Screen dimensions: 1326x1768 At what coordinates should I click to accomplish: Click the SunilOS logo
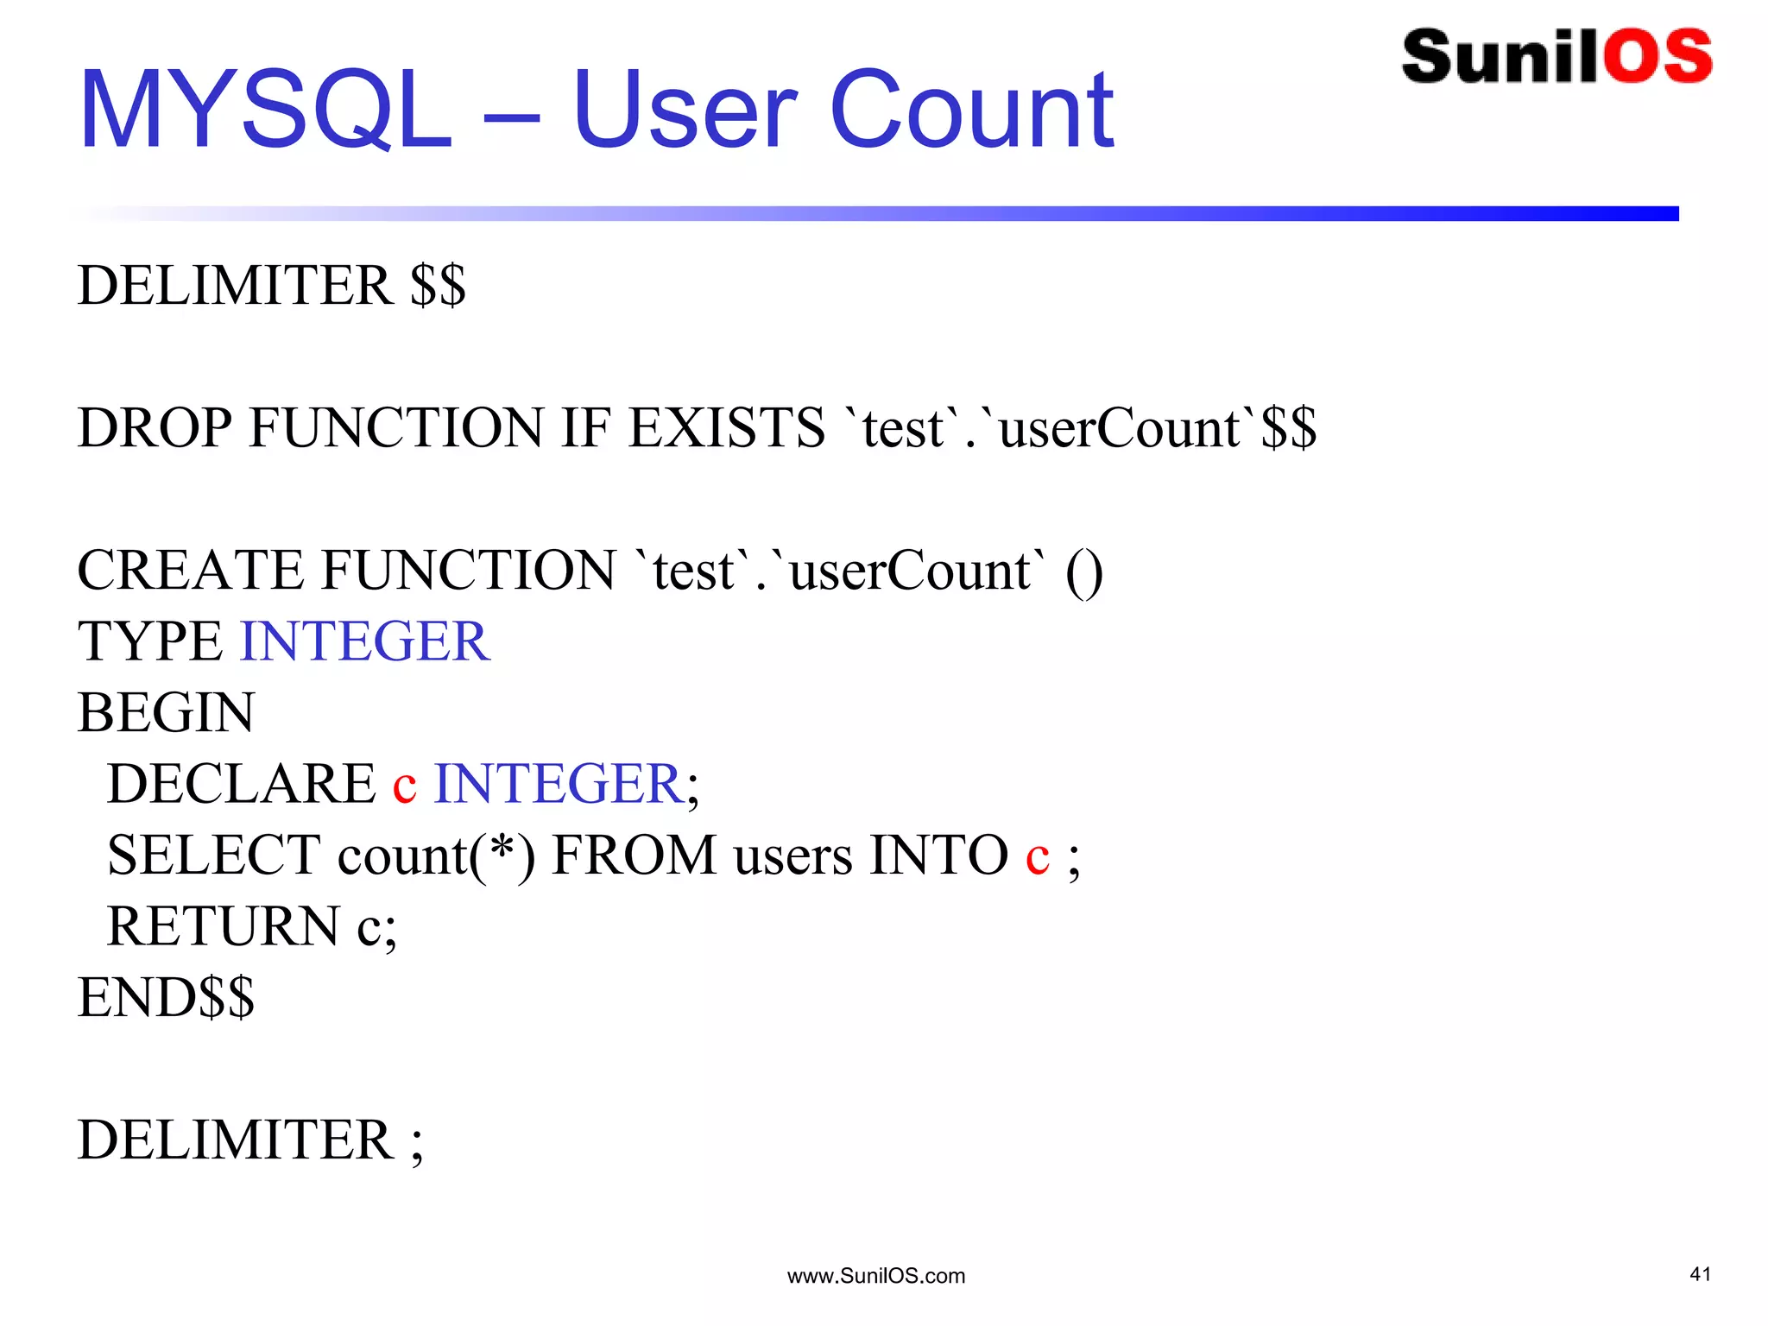tap(1556, 57)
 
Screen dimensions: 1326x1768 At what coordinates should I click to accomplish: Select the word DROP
tap(155, 428)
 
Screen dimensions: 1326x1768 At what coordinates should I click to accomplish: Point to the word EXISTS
tap(726, 428)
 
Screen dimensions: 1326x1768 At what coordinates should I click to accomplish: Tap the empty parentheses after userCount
tap(1084, 572)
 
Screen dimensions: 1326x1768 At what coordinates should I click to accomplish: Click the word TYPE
tap(150, 641)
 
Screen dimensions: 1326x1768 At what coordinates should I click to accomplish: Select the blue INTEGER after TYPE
tap(365, 641)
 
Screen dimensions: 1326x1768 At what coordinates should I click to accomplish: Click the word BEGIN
tap(166, 713)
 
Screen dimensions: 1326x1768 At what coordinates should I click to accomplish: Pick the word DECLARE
tap(241, 784)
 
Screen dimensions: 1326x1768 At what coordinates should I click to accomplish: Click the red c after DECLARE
tap(404, 786)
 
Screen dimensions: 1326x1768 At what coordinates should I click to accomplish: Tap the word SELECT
tap(213, 856)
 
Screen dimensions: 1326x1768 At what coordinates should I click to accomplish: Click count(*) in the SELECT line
tap(436, 856)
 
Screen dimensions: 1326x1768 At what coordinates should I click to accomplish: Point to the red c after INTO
tap(1037, 857)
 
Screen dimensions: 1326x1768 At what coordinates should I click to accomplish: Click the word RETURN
tap(223, 926)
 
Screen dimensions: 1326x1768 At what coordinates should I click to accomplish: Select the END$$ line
tap(166, 998)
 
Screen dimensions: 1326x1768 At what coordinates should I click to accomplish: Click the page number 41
tap(1700, 1274)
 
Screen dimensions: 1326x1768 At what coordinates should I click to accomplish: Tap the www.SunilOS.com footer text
tap(875, 1276)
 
